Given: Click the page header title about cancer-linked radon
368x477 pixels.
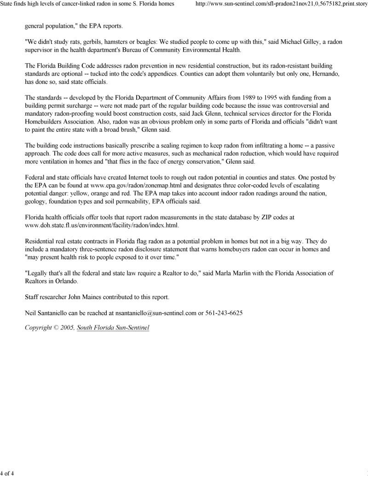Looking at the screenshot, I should pos(87,4).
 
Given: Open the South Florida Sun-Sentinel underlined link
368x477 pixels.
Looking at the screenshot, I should pos(113,328).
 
